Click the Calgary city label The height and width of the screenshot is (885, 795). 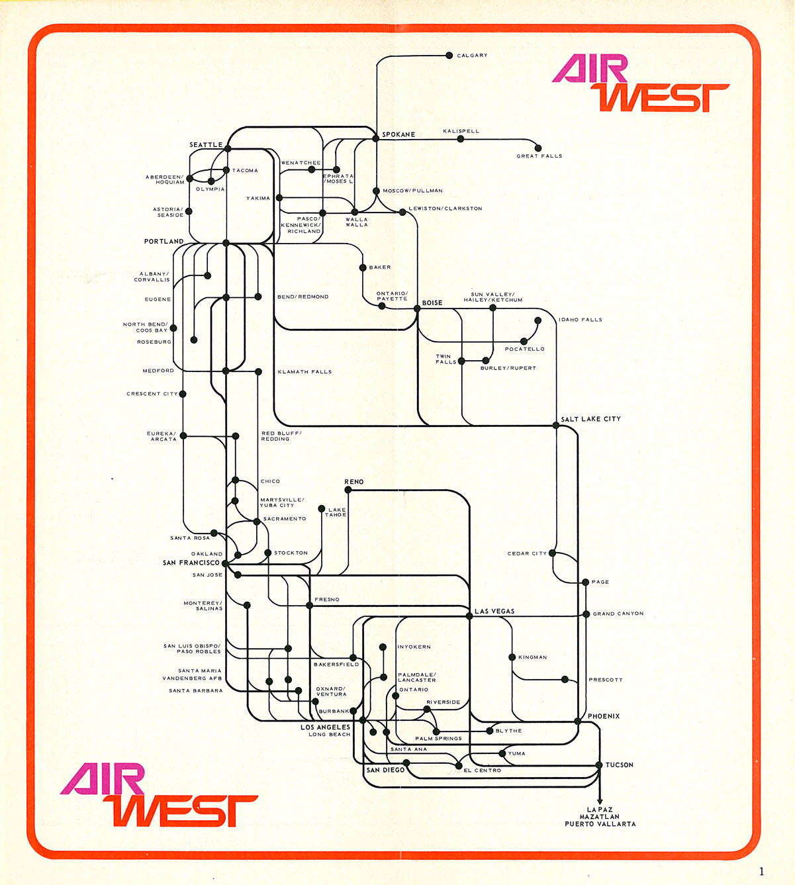click(x=472, y=56)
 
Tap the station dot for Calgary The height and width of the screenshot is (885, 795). click(x=449, y=56)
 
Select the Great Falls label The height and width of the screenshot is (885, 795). click(x=539, y=156)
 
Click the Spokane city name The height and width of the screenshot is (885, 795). click(x=398, y=134)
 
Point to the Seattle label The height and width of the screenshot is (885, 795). click(x=206, y=145)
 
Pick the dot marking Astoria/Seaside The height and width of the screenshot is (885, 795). click(x=189, y=212)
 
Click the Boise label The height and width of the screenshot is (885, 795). click(x=432, y=303)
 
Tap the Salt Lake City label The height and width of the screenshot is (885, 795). click(x=590, y=419)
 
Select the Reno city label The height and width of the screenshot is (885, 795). click(x=354, y=482)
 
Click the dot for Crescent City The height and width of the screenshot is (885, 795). click(x=183, y=394)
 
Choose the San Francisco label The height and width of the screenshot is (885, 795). click(x=191, y=563)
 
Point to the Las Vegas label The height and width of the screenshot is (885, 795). click(x=494, y=611)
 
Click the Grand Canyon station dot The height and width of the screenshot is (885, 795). click(x=586, y=614)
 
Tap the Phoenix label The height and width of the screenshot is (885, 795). click(x=604, y=716)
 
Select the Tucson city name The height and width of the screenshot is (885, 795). click(x=619, y=765)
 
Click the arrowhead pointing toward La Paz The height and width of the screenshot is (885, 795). click(x=600, y=800)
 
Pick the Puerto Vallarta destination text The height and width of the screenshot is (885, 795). click(x=600, y=824)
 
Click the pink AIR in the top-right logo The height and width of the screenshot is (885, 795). click(x=590, y=68)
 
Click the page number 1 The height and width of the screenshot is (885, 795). click(x=761, y=871)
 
